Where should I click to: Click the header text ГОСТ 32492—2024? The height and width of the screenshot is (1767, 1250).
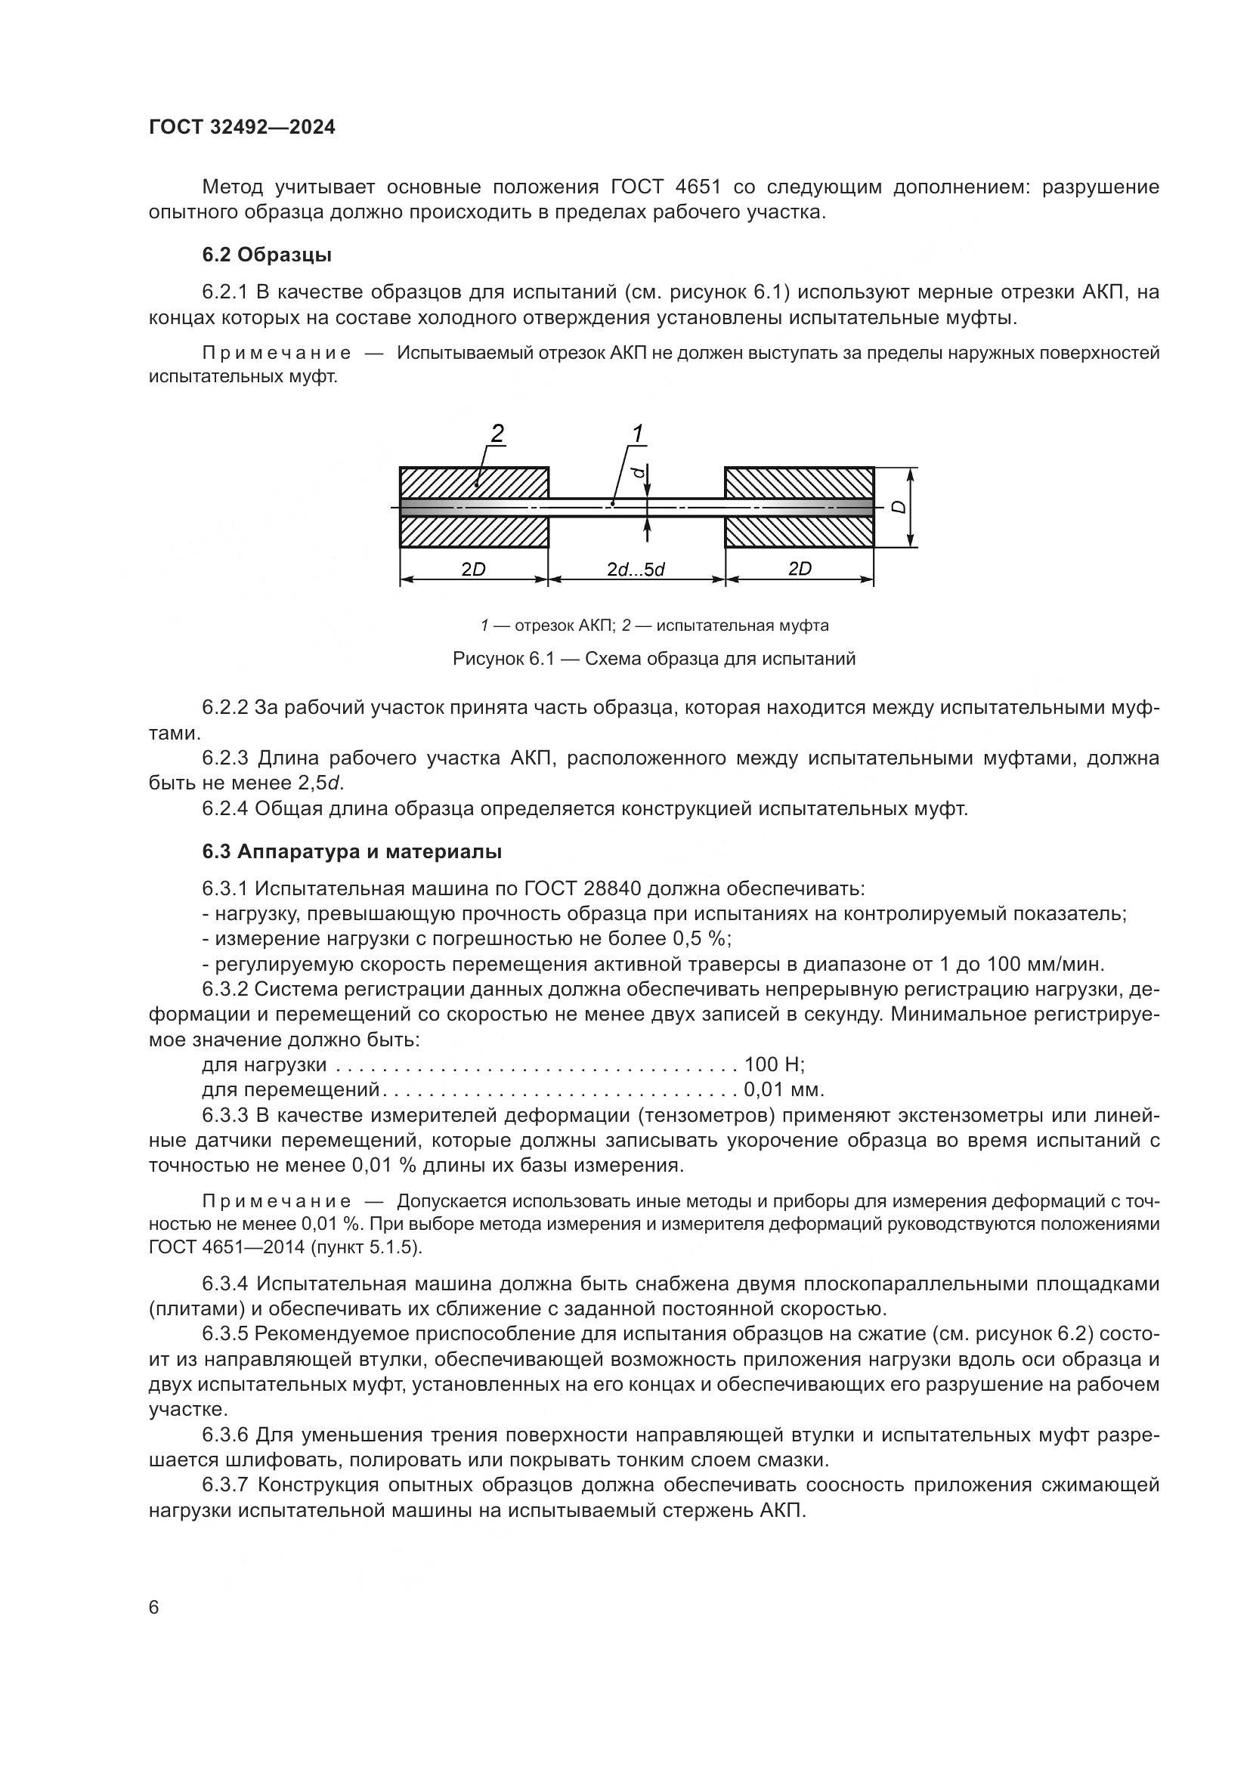(x=242, y=128)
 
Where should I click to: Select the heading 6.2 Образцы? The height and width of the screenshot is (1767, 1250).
(x=267, y=254)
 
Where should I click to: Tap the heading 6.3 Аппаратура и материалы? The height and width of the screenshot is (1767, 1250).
(x=351, y=852)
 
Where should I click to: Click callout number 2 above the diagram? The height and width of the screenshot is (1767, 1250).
(x=497, y=434)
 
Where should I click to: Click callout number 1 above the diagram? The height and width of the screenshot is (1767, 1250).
(x=637, y=434)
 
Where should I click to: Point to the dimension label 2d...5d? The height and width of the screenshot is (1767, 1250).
(x=635, y=570)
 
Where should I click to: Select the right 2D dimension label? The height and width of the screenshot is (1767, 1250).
(x=800, y=569)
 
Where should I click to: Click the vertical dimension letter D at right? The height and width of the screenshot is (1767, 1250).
(x=899, y=507)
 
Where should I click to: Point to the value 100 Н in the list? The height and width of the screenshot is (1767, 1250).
(x=774, y=1065)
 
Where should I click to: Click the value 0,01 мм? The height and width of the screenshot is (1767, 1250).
(x=784, y=1090)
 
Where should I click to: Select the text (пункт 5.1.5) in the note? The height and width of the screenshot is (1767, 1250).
(x=367, y=1247)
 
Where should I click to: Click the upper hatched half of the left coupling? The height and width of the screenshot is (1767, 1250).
(x=473, y=483)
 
